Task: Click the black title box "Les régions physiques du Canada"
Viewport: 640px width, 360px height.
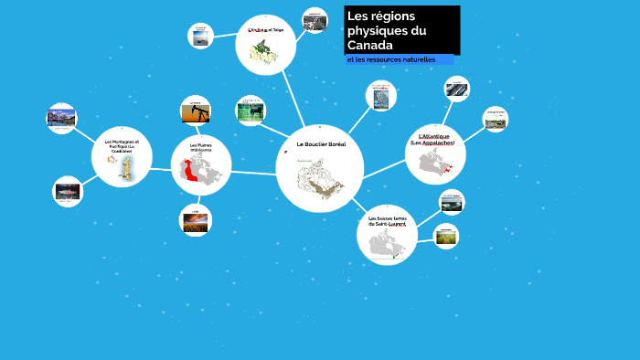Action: (401, 30)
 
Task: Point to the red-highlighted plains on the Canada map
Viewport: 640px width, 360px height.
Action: (192, 171)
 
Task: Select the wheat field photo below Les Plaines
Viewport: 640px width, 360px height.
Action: (194, 220)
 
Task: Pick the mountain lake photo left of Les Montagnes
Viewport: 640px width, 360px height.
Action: (61, 117)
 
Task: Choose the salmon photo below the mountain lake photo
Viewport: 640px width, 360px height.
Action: (67, 192)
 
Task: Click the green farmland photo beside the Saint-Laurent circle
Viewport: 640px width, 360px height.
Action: (445, 236)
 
